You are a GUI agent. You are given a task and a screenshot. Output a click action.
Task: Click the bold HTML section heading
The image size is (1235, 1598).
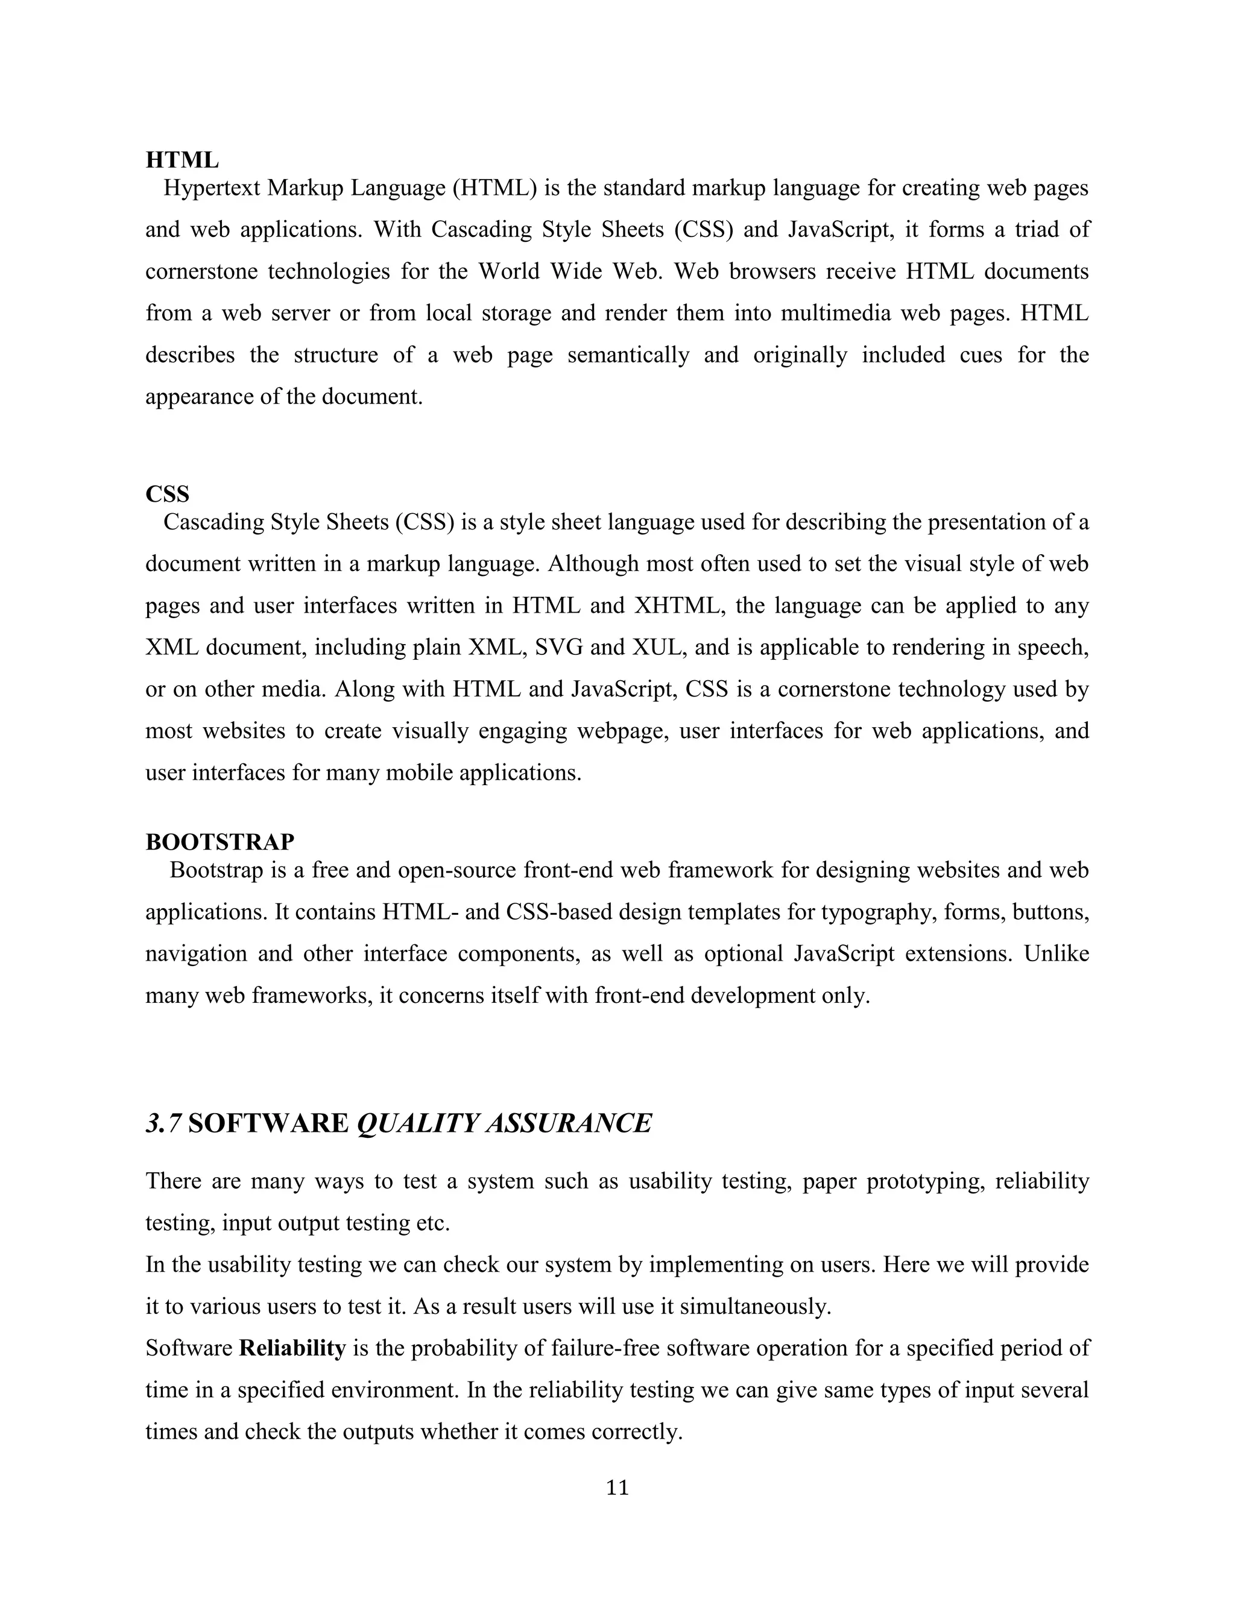(182, 160)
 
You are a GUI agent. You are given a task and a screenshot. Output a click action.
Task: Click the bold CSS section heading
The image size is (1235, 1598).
(167, 494)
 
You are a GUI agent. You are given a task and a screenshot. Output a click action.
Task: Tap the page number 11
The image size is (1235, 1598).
(617, 1488)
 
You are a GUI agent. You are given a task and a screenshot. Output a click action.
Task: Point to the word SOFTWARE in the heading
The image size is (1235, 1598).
(268, 1123)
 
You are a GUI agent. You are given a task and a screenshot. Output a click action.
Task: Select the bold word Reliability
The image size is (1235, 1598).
(292, 1348)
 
